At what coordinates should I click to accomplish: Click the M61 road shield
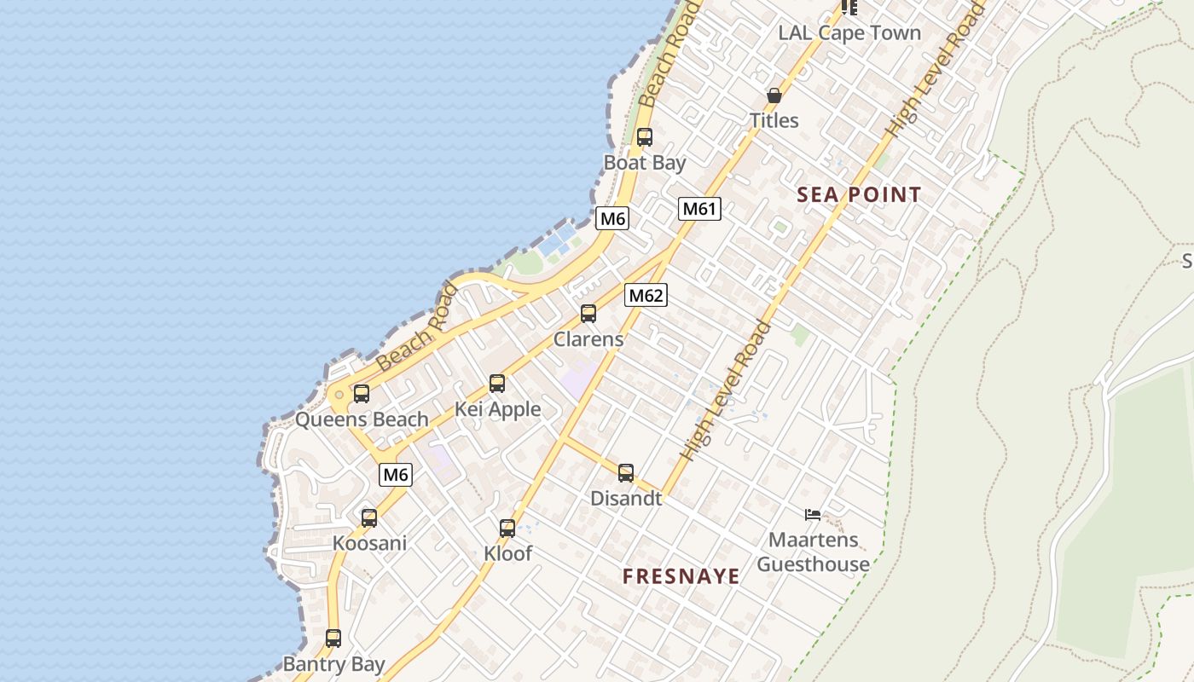tap(699, 209)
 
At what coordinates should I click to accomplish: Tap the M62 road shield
tap(646, 296)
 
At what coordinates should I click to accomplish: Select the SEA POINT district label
tap(859, 194)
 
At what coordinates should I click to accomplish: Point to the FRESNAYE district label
tap(681, 576)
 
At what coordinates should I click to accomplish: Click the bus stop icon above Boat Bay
tap(645, 136)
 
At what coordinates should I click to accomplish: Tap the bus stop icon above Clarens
tap(588, 314)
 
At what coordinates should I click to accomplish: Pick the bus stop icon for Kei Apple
tap(497, 384)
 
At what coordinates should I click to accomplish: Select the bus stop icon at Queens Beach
tap(362, 394)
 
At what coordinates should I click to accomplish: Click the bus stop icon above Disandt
tap(626, 473)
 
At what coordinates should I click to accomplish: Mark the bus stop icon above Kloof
tap(507, 529)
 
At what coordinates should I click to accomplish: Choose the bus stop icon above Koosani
tap(369, 518)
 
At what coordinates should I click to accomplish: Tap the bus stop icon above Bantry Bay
tap(333, 639)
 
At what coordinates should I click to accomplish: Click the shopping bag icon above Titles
tap(774, 95)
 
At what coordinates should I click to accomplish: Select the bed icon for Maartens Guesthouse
tap(813, 514)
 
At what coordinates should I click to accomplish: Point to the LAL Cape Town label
tap(849, 33)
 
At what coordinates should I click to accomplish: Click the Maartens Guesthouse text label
tap(813, 552)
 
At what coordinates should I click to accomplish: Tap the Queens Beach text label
tap(362, 419)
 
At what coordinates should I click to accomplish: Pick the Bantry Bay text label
tap(333, 664)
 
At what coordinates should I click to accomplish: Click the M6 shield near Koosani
tap(396, 475)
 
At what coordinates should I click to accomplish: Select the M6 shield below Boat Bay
tap(612, 218)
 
